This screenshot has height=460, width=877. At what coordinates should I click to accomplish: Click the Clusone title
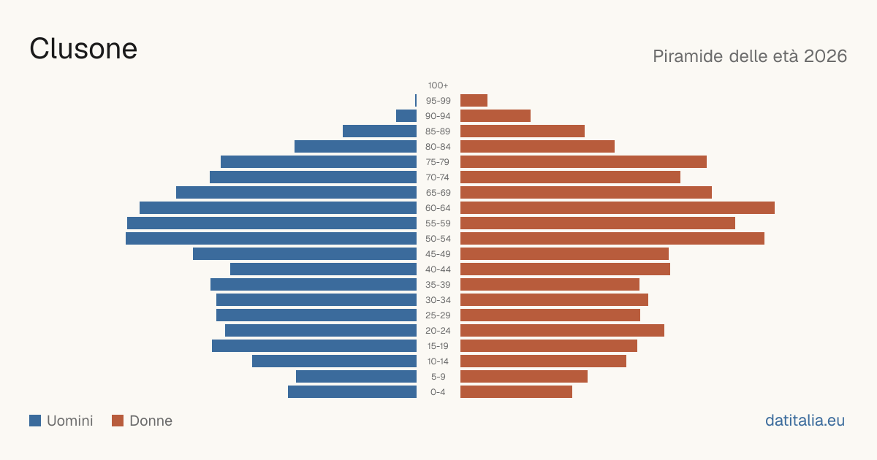tap(83, 49)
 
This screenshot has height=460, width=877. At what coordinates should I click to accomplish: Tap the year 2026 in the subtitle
tap(825, 56)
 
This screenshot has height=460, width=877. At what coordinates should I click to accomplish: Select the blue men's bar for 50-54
tap(271, 239)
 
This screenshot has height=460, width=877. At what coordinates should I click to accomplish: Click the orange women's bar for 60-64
tap(618, 207)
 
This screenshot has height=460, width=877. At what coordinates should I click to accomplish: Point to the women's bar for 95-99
tap(474, 101)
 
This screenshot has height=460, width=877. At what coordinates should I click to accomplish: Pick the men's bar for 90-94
tap(406, 116)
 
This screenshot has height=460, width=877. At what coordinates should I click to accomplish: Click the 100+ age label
tap(438, 85)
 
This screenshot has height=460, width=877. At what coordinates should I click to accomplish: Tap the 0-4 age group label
tap(438, 392)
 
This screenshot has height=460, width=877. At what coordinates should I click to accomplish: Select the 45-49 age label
tap(438, 254)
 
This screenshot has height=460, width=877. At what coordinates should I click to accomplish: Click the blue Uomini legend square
tap(35, 421)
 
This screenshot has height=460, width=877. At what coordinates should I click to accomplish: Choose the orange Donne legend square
tap(118, 421)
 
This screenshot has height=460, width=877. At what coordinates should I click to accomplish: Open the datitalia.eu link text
tap(805, 421)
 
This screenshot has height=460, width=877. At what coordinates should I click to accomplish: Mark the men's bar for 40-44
tap(323, 269)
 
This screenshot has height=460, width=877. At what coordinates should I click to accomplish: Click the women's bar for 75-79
tap(583, 162)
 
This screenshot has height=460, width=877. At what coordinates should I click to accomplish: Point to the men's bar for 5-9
tap(357, 377)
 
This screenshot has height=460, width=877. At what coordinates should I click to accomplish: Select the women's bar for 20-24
tap(562, 331)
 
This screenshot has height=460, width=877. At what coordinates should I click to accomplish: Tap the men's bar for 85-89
tap(380, 131)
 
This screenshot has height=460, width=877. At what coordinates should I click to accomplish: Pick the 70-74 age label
tap(438, 177)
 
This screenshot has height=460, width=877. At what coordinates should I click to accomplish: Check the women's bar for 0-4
tap(516, 392)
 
